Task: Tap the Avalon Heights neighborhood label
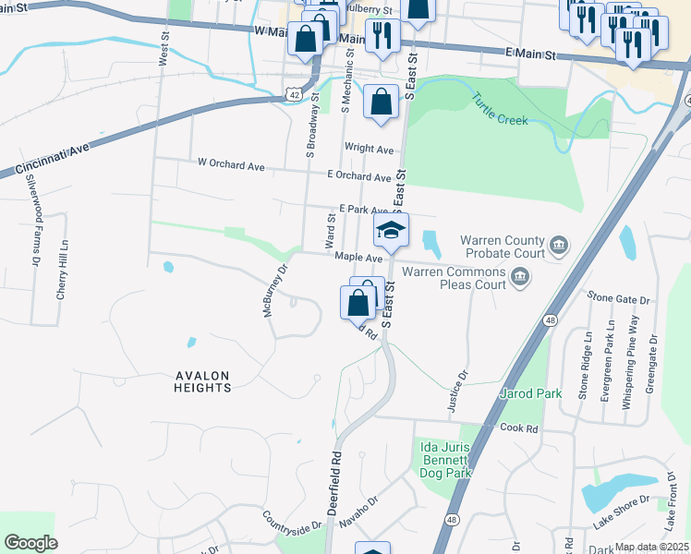coord(202,381)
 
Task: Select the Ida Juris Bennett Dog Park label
coord(446,460)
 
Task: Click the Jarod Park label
coord(530,393)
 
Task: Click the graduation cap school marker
coord(391,230)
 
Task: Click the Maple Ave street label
coord(358,258)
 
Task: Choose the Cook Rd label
coord(518,428)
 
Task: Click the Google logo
coord(30,542)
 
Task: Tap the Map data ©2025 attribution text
coord(650,547)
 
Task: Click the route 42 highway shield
coord(293,93)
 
